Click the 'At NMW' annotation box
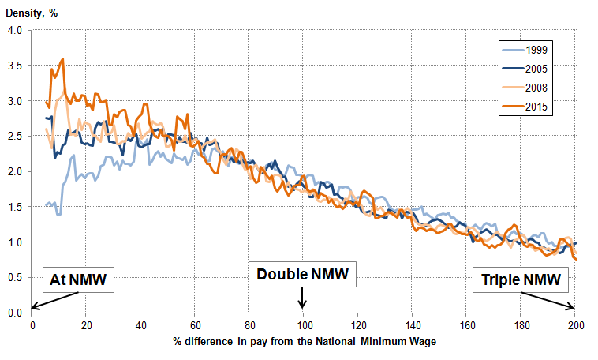[79, 279]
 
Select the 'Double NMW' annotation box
[303, 275]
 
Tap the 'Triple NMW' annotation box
[517, 279]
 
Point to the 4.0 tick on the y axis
[15, 31]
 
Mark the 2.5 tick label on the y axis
[15, 137]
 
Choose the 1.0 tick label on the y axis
[15, 242]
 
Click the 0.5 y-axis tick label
[15, 277]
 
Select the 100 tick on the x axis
[303, 324]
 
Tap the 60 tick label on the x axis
[195, 324]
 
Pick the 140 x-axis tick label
[412, 324]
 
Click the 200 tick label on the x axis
[574, 324]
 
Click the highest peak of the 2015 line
[62, 58]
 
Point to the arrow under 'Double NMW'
[303, 298]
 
